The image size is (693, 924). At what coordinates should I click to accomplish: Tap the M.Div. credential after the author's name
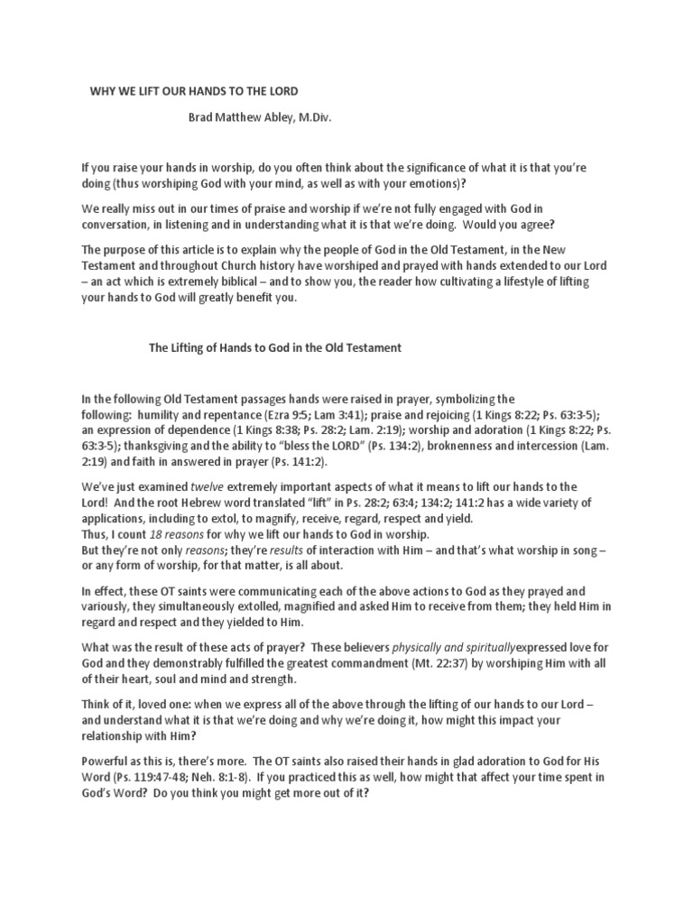click(312, 117)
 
